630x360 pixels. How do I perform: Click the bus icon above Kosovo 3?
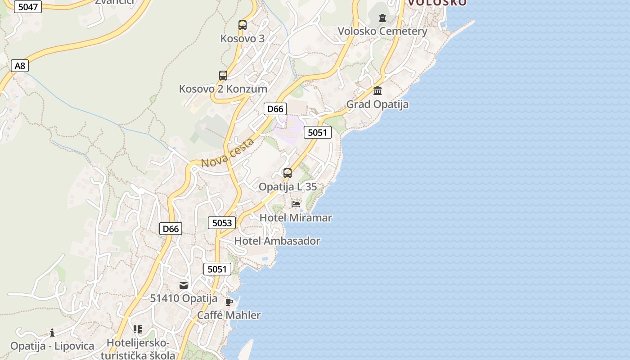tap(243, 25)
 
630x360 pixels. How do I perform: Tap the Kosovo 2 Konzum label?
tap(223, 89)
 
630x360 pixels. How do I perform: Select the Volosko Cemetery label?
tap(382, 31)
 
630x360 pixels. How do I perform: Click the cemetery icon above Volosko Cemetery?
tap(382, 18)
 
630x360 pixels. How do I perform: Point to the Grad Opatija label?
tap(377, 104)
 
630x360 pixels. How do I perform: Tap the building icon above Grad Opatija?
tap(378, 91)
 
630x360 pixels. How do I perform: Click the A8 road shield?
tap(20, 66)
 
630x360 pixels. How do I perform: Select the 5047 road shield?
tap(27, 7)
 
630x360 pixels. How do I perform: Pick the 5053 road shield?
tap(222, 223)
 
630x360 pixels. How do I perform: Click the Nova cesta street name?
tap(227, 153)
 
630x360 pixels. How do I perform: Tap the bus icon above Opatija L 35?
tap(287, 173)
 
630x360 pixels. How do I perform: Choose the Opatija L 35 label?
tap(288, 187)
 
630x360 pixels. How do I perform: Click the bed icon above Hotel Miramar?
tap(296, 204)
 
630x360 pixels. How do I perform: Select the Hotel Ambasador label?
tap(277, 241)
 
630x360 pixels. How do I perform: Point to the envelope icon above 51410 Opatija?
tap(184, 285)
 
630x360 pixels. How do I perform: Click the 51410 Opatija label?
tap(184, 298)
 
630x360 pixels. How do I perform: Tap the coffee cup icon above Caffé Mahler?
tap(229, 302)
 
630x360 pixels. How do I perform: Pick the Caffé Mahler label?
tap(229, 315)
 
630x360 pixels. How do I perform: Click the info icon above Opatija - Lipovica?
tap(52, 333)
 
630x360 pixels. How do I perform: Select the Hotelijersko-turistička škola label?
tap(138, 349)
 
